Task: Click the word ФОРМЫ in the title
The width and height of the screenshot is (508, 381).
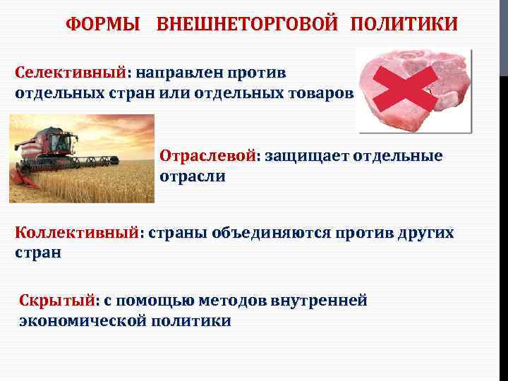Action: click(x=103, y=25)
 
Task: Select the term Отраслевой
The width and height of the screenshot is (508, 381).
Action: click(x=208, y=156)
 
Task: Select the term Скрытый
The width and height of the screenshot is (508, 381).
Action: click(x=57, y=301)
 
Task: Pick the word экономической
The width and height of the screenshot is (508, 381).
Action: click(x=83, y=321)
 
